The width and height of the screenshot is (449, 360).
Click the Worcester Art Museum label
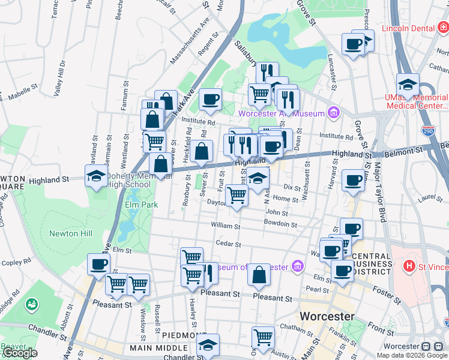click(281, 113)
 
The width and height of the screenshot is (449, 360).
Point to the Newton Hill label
click(64, 233)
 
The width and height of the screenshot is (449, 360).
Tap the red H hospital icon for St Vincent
click(409, 265)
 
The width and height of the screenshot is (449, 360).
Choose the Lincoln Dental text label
click(407, 28)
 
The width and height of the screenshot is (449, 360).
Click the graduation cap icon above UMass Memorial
click(408, 84)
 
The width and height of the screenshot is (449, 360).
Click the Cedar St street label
click(229, 244)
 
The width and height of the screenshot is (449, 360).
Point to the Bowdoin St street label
click(281, 224)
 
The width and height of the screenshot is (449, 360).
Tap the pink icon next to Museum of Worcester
click(297, 266)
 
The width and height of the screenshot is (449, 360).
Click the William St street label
click(226, 227)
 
